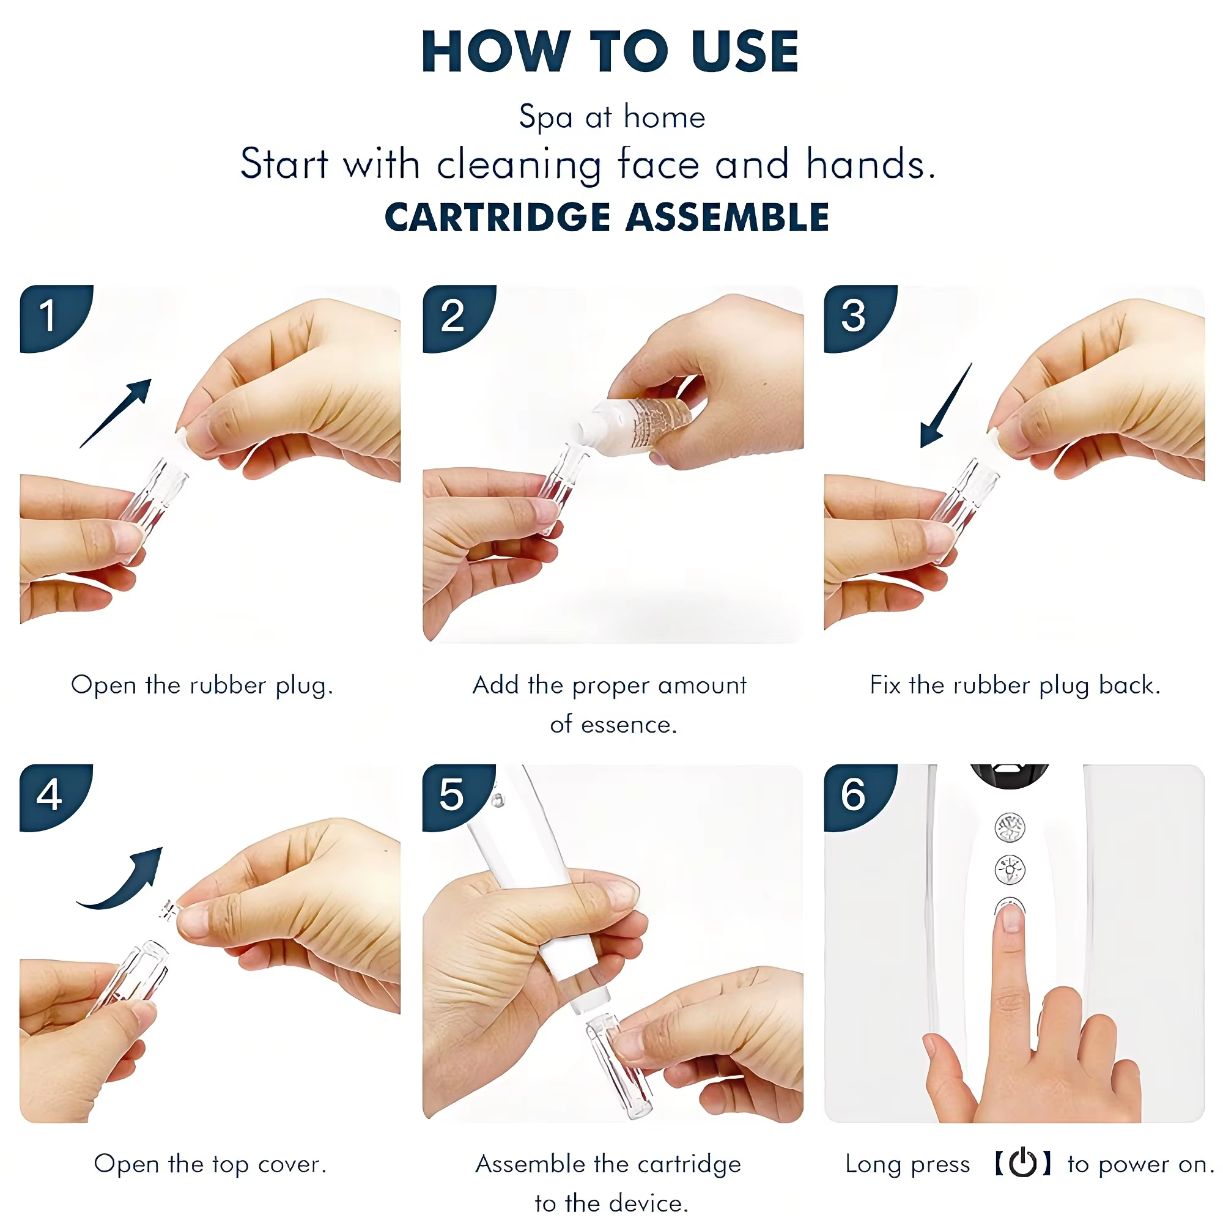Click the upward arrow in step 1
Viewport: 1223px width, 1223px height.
click(x=116, y=413)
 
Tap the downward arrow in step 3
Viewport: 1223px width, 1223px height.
click(x=946, y=406)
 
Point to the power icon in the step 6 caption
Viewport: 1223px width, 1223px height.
click(x=1022, y=1162)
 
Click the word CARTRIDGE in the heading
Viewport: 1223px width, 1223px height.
click(x=498, y=217)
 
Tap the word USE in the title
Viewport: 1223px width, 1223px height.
click(x=745, y=51)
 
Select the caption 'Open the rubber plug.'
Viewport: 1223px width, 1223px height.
click(x=202, y=685)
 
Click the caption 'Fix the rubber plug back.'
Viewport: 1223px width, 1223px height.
click(x=1014, y=685)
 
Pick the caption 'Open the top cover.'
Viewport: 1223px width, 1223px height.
click(x=210, y=1164)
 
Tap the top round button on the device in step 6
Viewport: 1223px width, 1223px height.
click(x=1010, y=827)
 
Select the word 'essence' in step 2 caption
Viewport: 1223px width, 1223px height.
click(x=628, y=725)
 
